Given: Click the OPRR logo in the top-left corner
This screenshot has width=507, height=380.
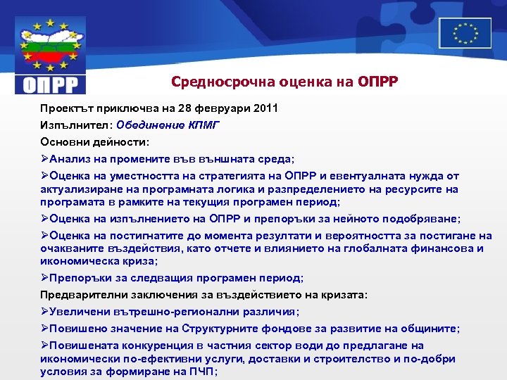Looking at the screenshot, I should point(50,56).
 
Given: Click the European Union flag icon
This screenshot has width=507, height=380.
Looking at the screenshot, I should point(465,32).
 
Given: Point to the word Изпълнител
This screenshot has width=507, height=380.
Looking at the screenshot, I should point(75,125).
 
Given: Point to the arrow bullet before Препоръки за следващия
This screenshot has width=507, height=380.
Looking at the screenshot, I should point(44,278).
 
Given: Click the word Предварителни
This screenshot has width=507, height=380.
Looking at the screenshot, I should point(80,295).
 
